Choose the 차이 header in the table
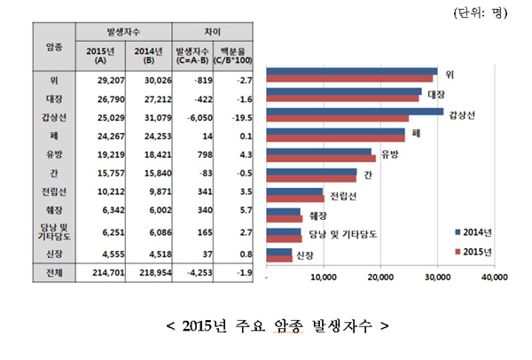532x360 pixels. [x=213, y=31]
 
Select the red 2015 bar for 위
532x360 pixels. [x=349, y=78]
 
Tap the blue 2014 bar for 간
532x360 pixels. [x=311, y=172]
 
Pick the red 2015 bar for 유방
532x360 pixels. [x=321, y=158]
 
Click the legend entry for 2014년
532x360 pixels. [x=472, y=232]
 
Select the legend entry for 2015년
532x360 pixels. [x=472, y=251]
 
